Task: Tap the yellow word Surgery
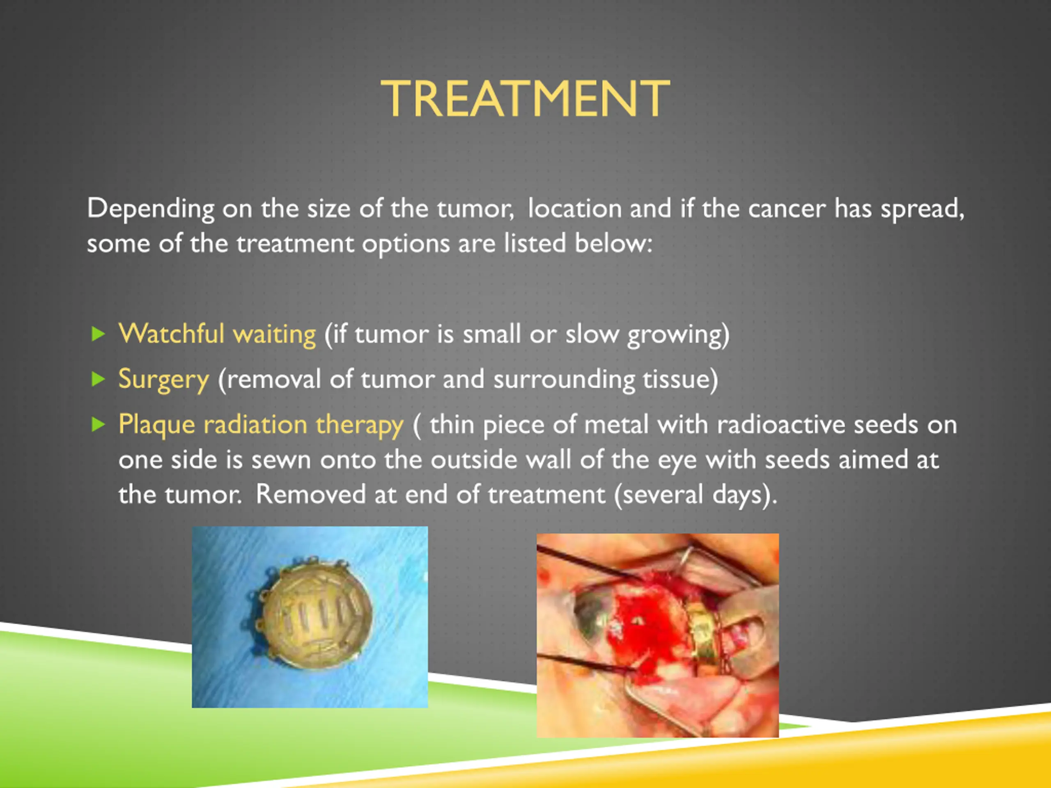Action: [x=163, y=380]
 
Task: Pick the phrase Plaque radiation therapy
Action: [x=261, y=424]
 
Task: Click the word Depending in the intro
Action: [x=151, y=209]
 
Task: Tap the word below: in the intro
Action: [x=613, y=243]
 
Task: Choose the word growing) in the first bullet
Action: [x=678, y=335]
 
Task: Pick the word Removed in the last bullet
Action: [x=311, y=495]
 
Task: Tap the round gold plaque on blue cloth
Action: [x=312, y=613]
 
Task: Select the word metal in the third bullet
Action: [x=616, y=424]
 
